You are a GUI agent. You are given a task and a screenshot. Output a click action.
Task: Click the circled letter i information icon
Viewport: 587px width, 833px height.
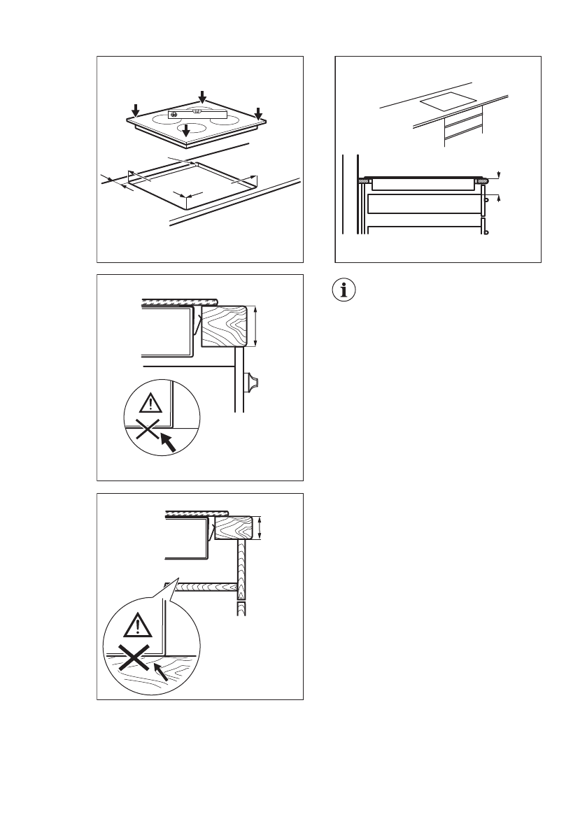click(x=344, y=290)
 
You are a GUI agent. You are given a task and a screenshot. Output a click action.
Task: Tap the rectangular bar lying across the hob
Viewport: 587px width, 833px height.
click(x=198, y=113)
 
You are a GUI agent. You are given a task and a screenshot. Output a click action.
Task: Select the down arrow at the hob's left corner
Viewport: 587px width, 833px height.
click(x=136, y=110)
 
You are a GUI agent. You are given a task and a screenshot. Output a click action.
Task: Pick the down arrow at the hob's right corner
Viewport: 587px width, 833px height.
click(x=258, y=113)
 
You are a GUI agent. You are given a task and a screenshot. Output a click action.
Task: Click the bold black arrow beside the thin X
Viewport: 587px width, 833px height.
click(x=168, y=443)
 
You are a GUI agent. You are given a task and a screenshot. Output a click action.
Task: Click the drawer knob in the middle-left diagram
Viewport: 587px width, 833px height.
click(x=250, y=382)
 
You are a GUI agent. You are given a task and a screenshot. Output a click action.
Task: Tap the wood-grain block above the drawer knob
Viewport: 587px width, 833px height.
click(x=224, y=326)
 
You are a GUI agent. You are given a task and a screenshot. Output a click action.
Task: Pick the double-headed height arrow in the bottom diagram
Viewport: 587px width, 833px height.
click(x=260, y=527)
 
